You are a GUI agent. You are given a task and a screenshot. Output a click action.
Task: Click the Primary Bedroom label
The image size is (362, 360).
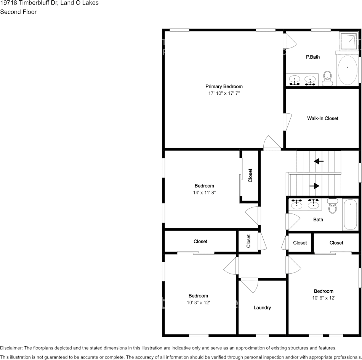point(224,86)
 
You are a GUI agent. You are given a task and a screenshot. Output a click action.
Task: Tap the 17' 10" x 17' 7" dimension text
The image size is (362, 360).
point(224,93)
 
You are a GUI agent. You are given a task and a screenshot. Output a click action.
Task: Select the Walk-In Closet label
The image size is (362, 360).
point(322,118)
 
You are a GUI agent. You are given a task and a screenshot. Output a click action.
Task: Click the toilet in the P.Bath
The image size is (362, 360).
point(327,78)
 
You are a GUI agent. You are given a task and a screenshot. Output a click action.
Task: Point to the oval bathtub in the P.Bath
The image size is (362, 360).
point(348,70)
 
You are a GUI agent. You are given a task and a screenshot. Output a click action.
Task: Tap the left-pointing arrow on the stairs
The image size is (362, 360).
point(319,161)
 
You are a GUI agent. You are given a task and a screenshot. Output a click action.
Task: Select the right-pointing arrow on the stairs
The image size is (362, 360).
point(314,186)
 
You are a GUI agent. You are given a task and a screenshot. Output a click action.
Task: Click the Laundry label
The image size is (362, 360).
point(262,307)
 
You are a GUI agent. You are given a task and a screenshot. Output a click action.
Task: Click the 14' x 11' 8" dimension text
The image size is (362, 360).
point(204,192)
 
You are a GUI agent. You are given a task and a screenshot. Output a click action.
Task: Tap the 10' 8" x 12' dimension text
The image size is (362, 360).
point(198,302)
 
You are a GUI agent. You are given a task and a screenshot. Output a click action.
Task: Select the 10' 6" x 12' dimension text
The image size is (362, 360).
point(324,298)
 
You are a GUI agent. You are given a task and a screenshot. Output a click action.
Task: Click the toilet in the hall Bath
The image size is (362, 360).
point(332,205)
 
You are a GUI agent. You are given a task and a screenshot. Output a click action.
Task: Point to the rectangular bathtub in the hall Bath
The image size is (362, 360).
point(350,215)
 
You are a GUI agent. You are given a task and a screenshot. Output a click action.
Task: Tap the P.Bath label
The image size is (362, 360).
point(313,57)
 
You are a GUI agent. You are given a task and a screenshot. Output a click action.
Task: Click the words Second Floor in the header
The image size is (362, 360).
point(18,12)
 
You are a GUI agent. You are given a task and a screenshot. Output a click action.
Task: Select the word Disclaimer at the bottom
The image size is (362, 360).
point(11,348)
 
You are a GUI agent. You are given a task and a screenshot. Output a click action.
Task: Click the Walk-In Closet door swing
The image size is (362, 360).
point(288,122)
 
